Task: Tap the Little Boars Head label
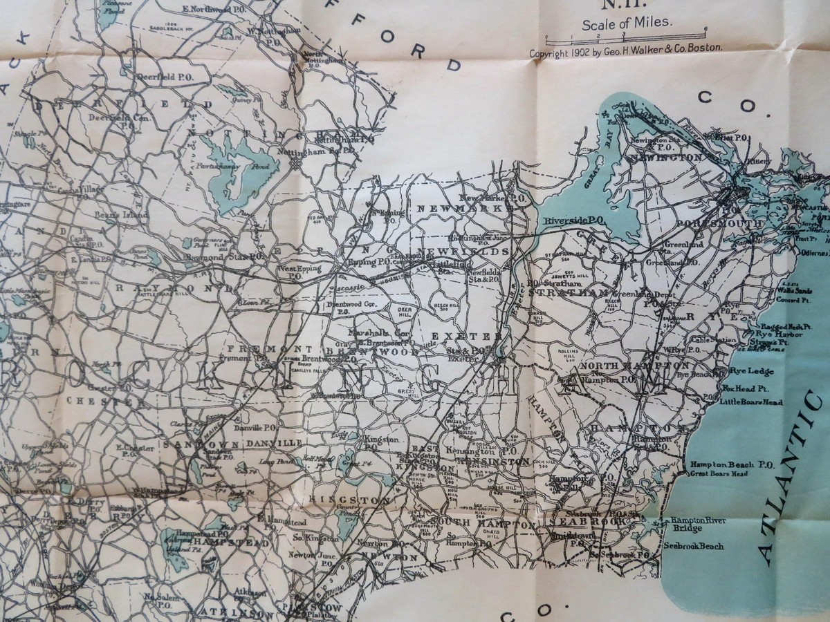click(x=750, y=402)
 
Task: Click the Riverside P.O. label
click(x=574, y=220)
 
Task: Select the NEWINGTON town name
click(x=670, y=157)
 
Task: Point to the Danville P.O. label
click(x=255, y=428)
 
